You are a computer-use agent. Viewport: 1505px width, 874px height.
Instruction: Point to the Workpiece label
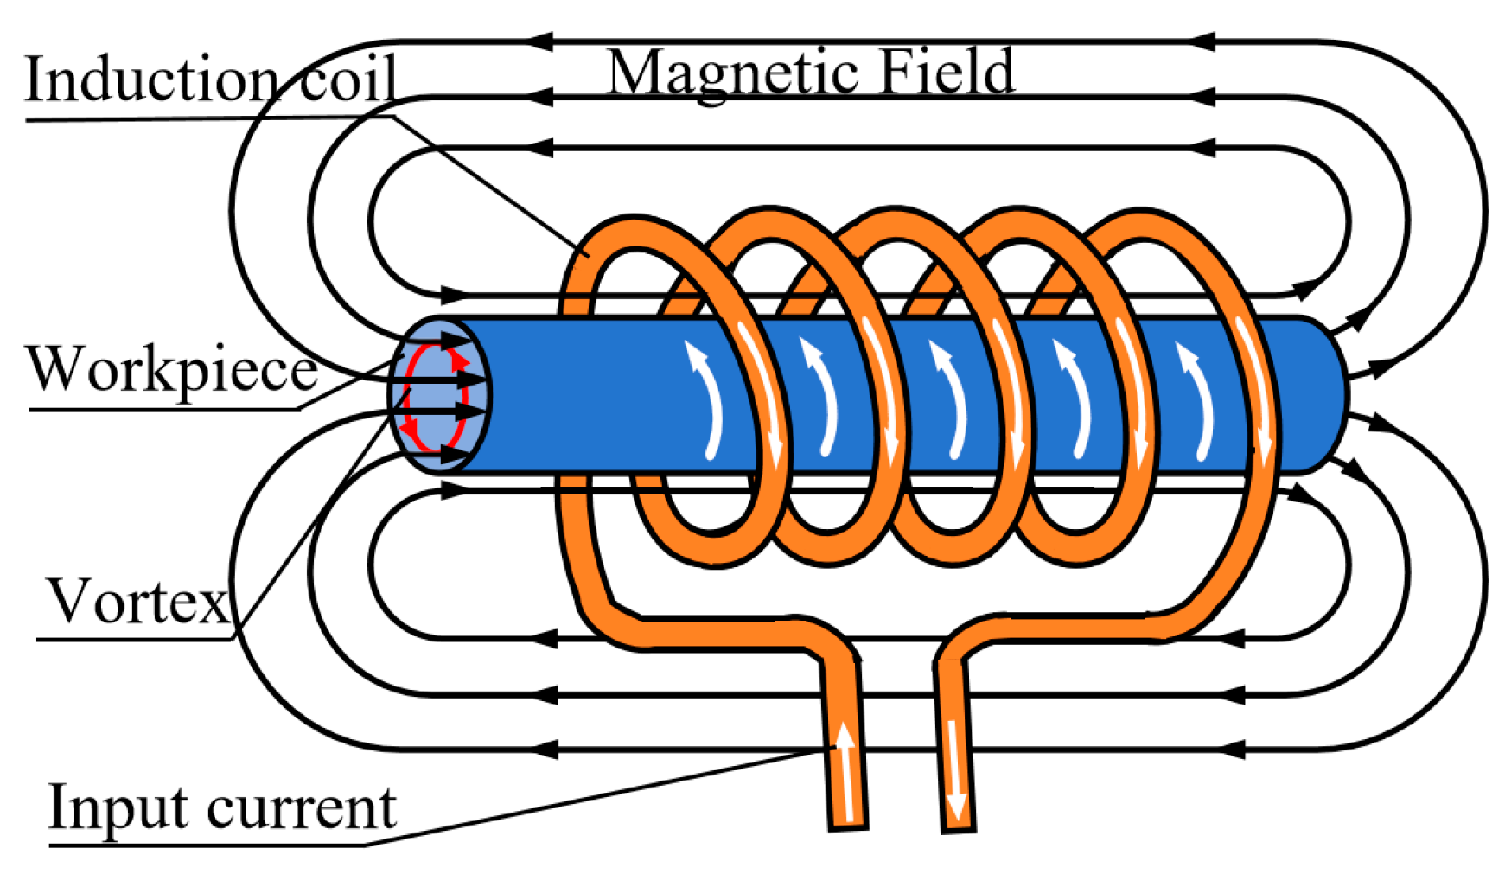pos(173,370)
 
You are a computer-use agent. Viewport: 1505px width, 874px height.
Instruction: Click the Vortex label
pos(138,600)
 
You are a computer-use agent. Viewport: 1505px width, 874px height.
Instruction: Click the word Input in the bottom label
pos(118,807)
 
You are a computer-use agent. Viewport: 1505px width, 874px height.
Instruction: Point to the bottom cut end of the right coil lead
pos(959,829)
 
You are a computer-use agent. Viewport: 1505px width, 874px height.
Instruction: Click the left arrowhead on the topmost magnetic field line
pos(539,41)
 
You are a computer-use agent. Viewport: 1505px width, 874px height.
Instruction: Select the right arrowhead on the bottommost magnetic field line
pos(1231,749)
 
